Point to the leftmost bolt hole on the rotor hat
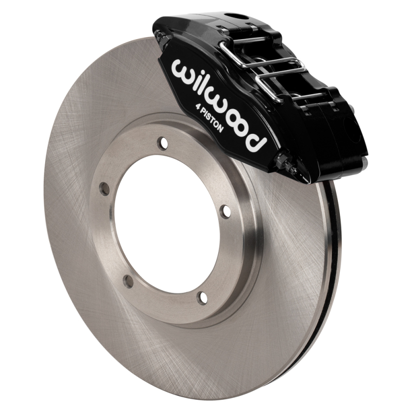click(105, 189)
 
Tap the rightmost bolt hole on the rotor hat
click(225, 211)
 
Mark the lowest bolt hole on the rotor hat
click(203, 297)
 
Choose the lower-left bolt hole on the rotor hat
click(128, 281)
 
